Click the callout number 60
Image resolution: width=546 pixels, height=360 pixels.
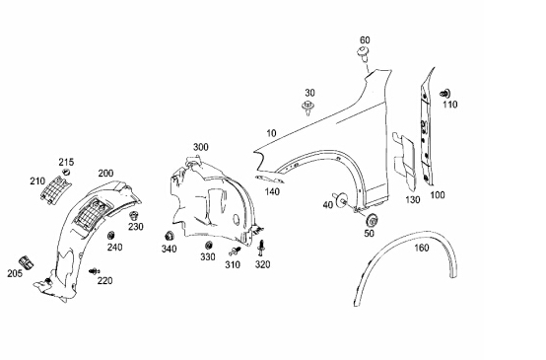(x=365, y=40)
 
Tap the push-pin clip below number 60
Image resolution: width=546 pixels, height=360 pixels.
(x=364, y=54)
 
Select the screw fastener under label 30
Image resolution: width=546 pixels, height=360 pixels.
(x=308, y=108)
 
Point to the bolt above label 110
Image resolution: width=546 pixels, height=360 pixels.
(x=444, y=94)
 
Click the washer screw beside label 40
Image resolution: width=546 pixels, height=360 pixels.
(x=340, y=200)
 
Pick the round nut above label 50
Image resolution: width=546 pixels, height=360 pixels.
(x=373, y=220)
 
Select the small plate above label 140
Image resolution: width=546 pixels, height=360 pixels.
(x=269, y=180)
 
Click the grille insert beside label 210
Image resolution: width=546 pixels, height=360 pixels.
(x=56, y=190)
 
